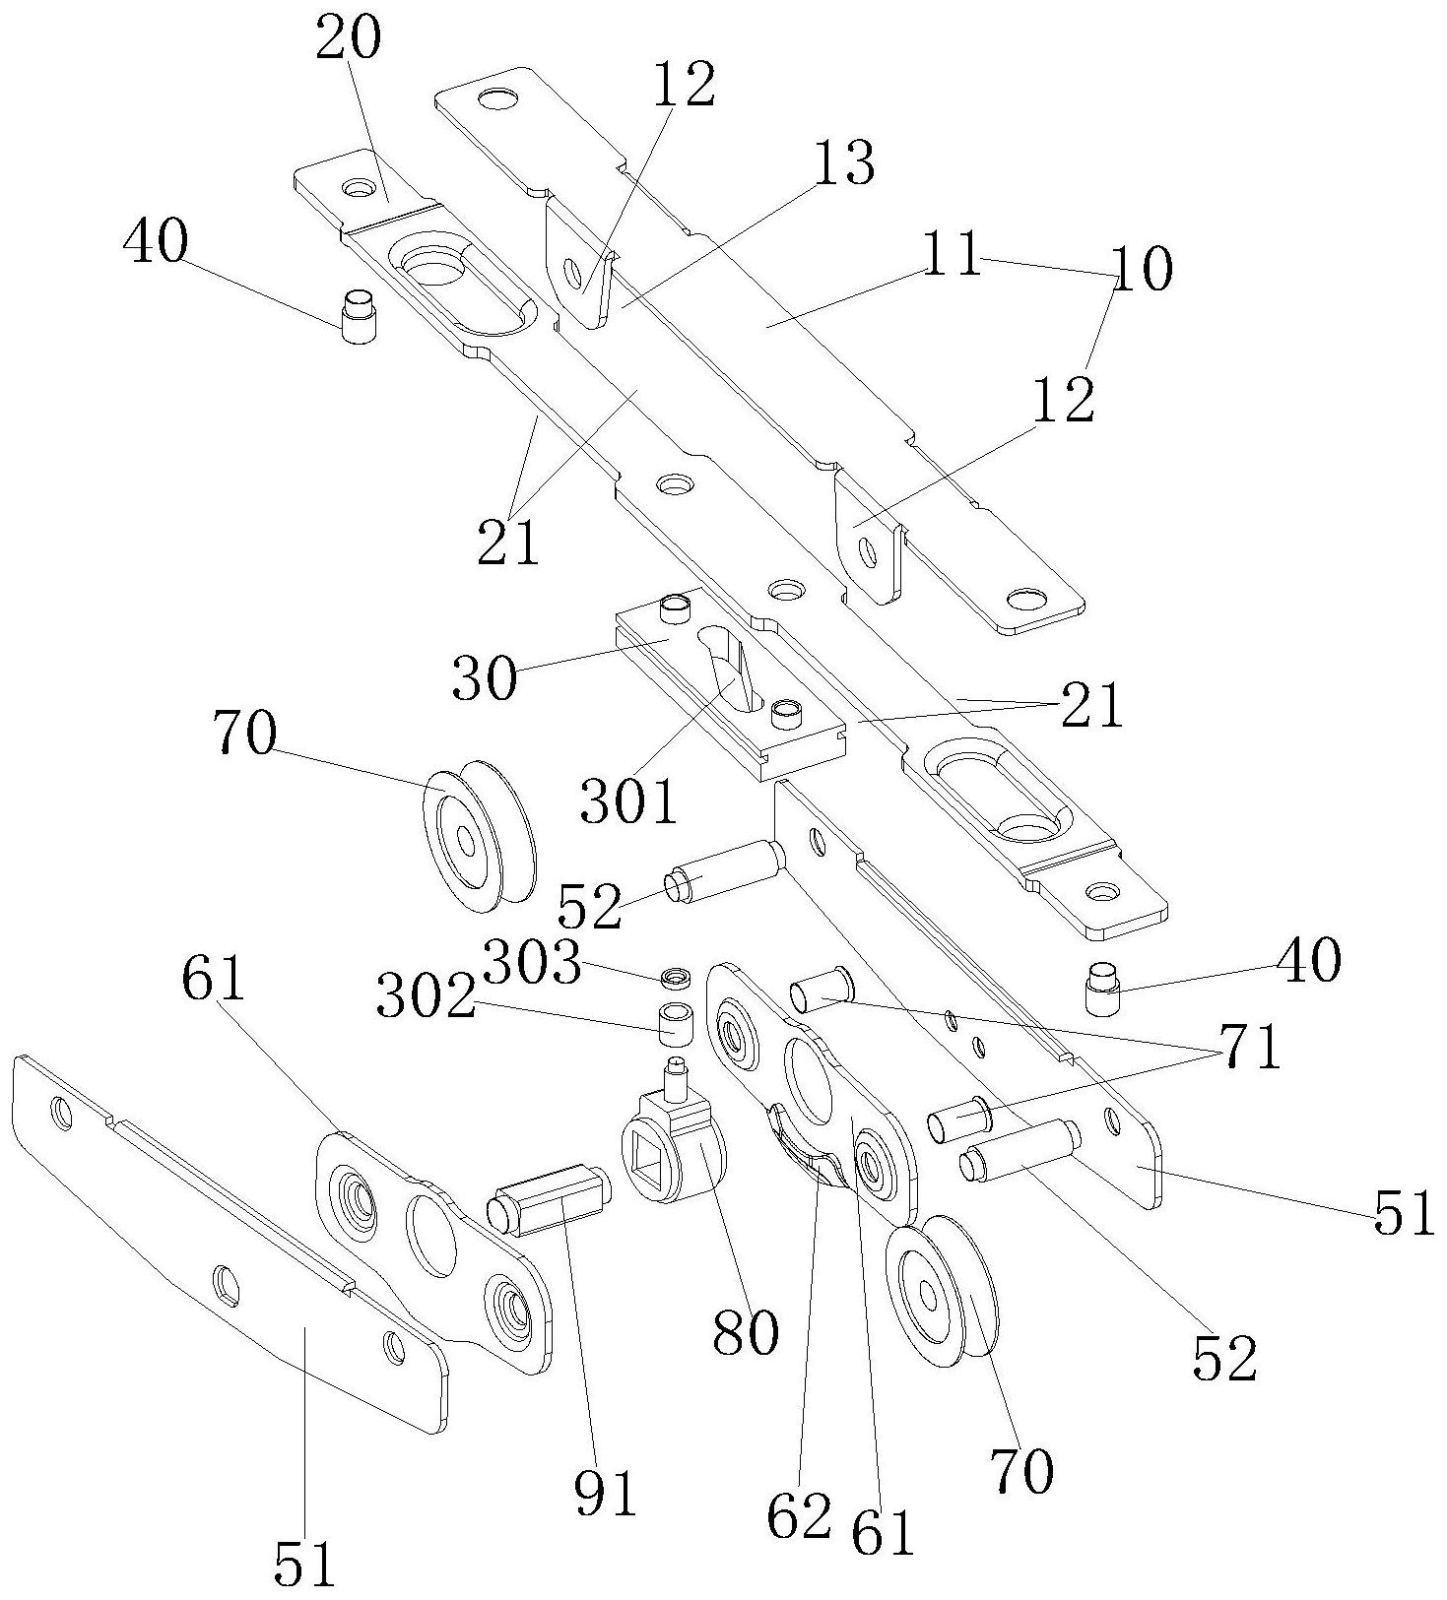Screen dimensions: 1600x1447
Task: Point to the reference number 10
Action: click(1143, 269)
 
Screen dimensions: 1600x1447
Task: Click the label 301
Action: click(628, 801)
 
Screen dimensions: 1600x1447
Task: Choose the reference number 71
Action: click(1251, 1048)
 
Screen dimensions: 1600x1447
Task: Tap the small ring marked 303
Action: click(677, 978)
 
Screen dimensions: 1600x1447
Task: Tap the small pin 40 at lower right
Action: click(1102, 988)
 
